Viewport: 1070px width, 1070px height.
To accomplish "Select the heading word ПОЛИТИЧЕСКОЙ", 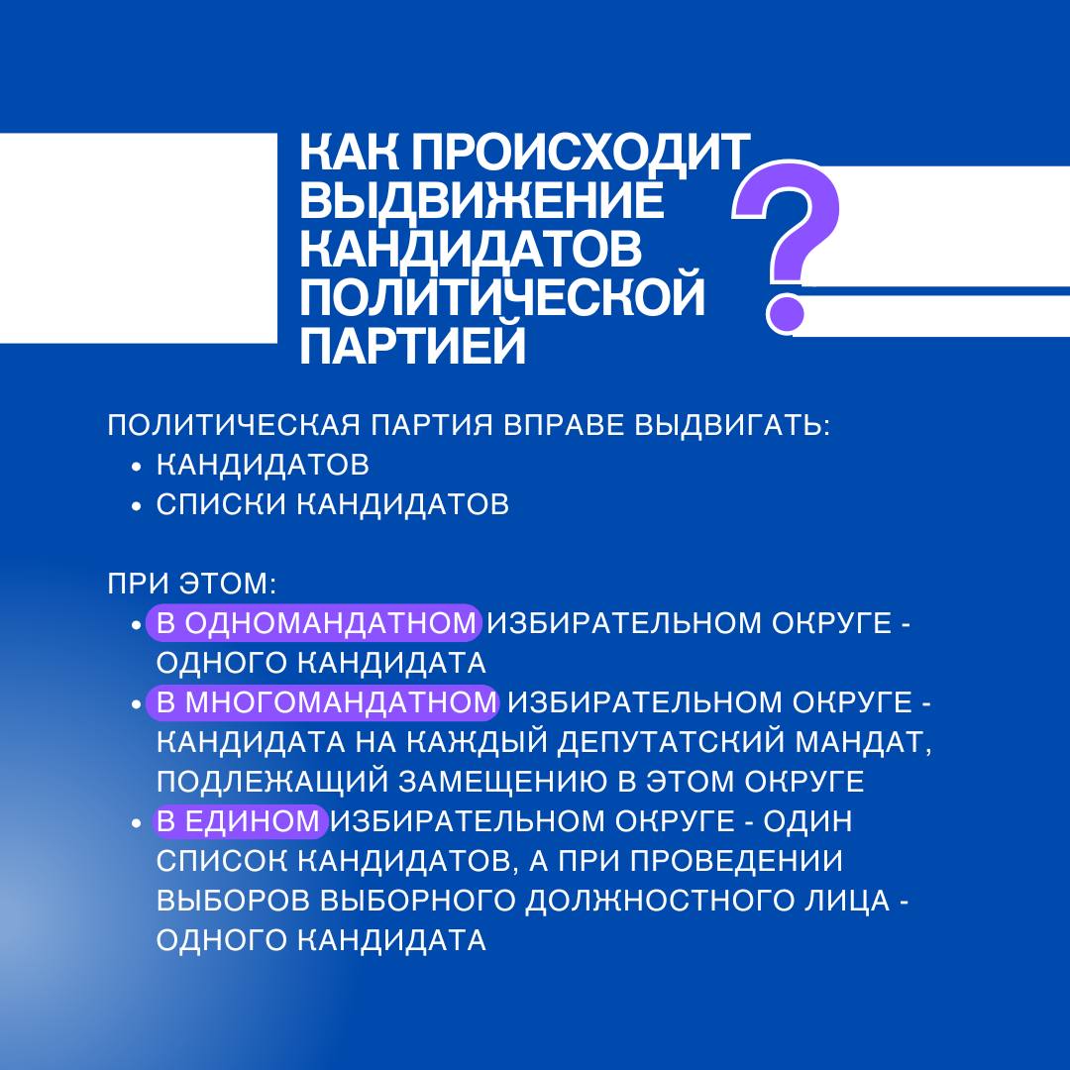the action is pyautogui.click(x=502, y=296).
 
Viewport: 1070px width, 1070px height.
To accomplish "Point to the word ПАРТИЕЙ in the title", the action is pyautogui.click(x=413, y=345).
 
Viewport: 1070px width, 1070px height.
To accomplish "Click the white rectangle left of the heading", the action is pyautogui.click(x=139, y=238).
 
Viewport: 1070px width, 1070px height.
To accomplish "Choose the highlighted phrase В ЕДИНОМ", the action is pyautogui.click(x=238, y=821).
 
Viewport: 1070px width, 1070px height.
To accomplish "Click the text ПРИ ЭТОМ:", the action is pyautogui.click(x=192, y=584).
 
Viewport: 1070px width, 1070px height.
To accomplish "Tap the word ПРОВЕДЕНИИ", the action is pyautogui.click(x=735, y=861).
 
